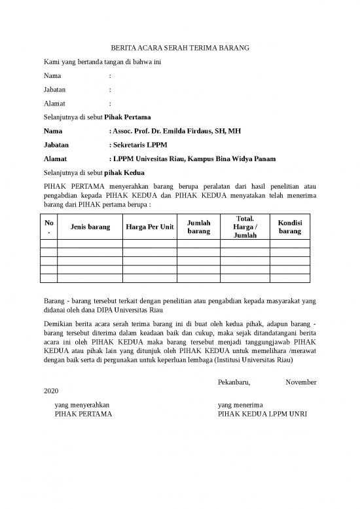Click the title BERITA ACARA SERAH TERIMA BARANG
click(179, 48)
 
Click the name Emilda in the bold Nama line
click(178, 131)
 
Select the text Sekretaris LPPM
click(139, 145)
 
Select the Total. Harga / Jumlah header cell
click(245, 227)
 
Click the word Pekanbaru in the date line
click(234, 382)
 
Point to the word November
click(301, 382)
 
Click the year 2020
click(50, 391)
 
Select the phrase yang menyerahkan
click(82, 405)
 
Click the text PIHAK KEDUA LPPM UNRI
click(262, 414)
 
